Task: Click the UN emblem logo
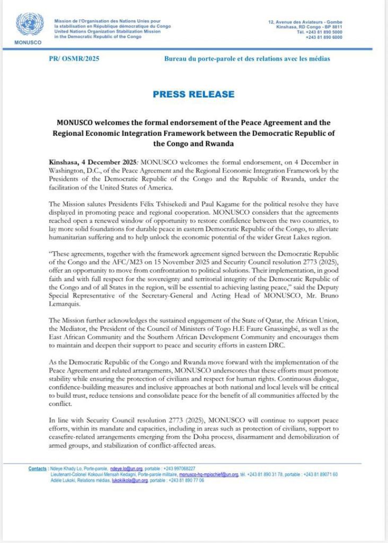tap(30, 24)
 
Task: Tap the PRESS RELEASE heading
tap(193, 94)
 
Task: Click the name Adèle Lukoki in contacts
tap(65, 479)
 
